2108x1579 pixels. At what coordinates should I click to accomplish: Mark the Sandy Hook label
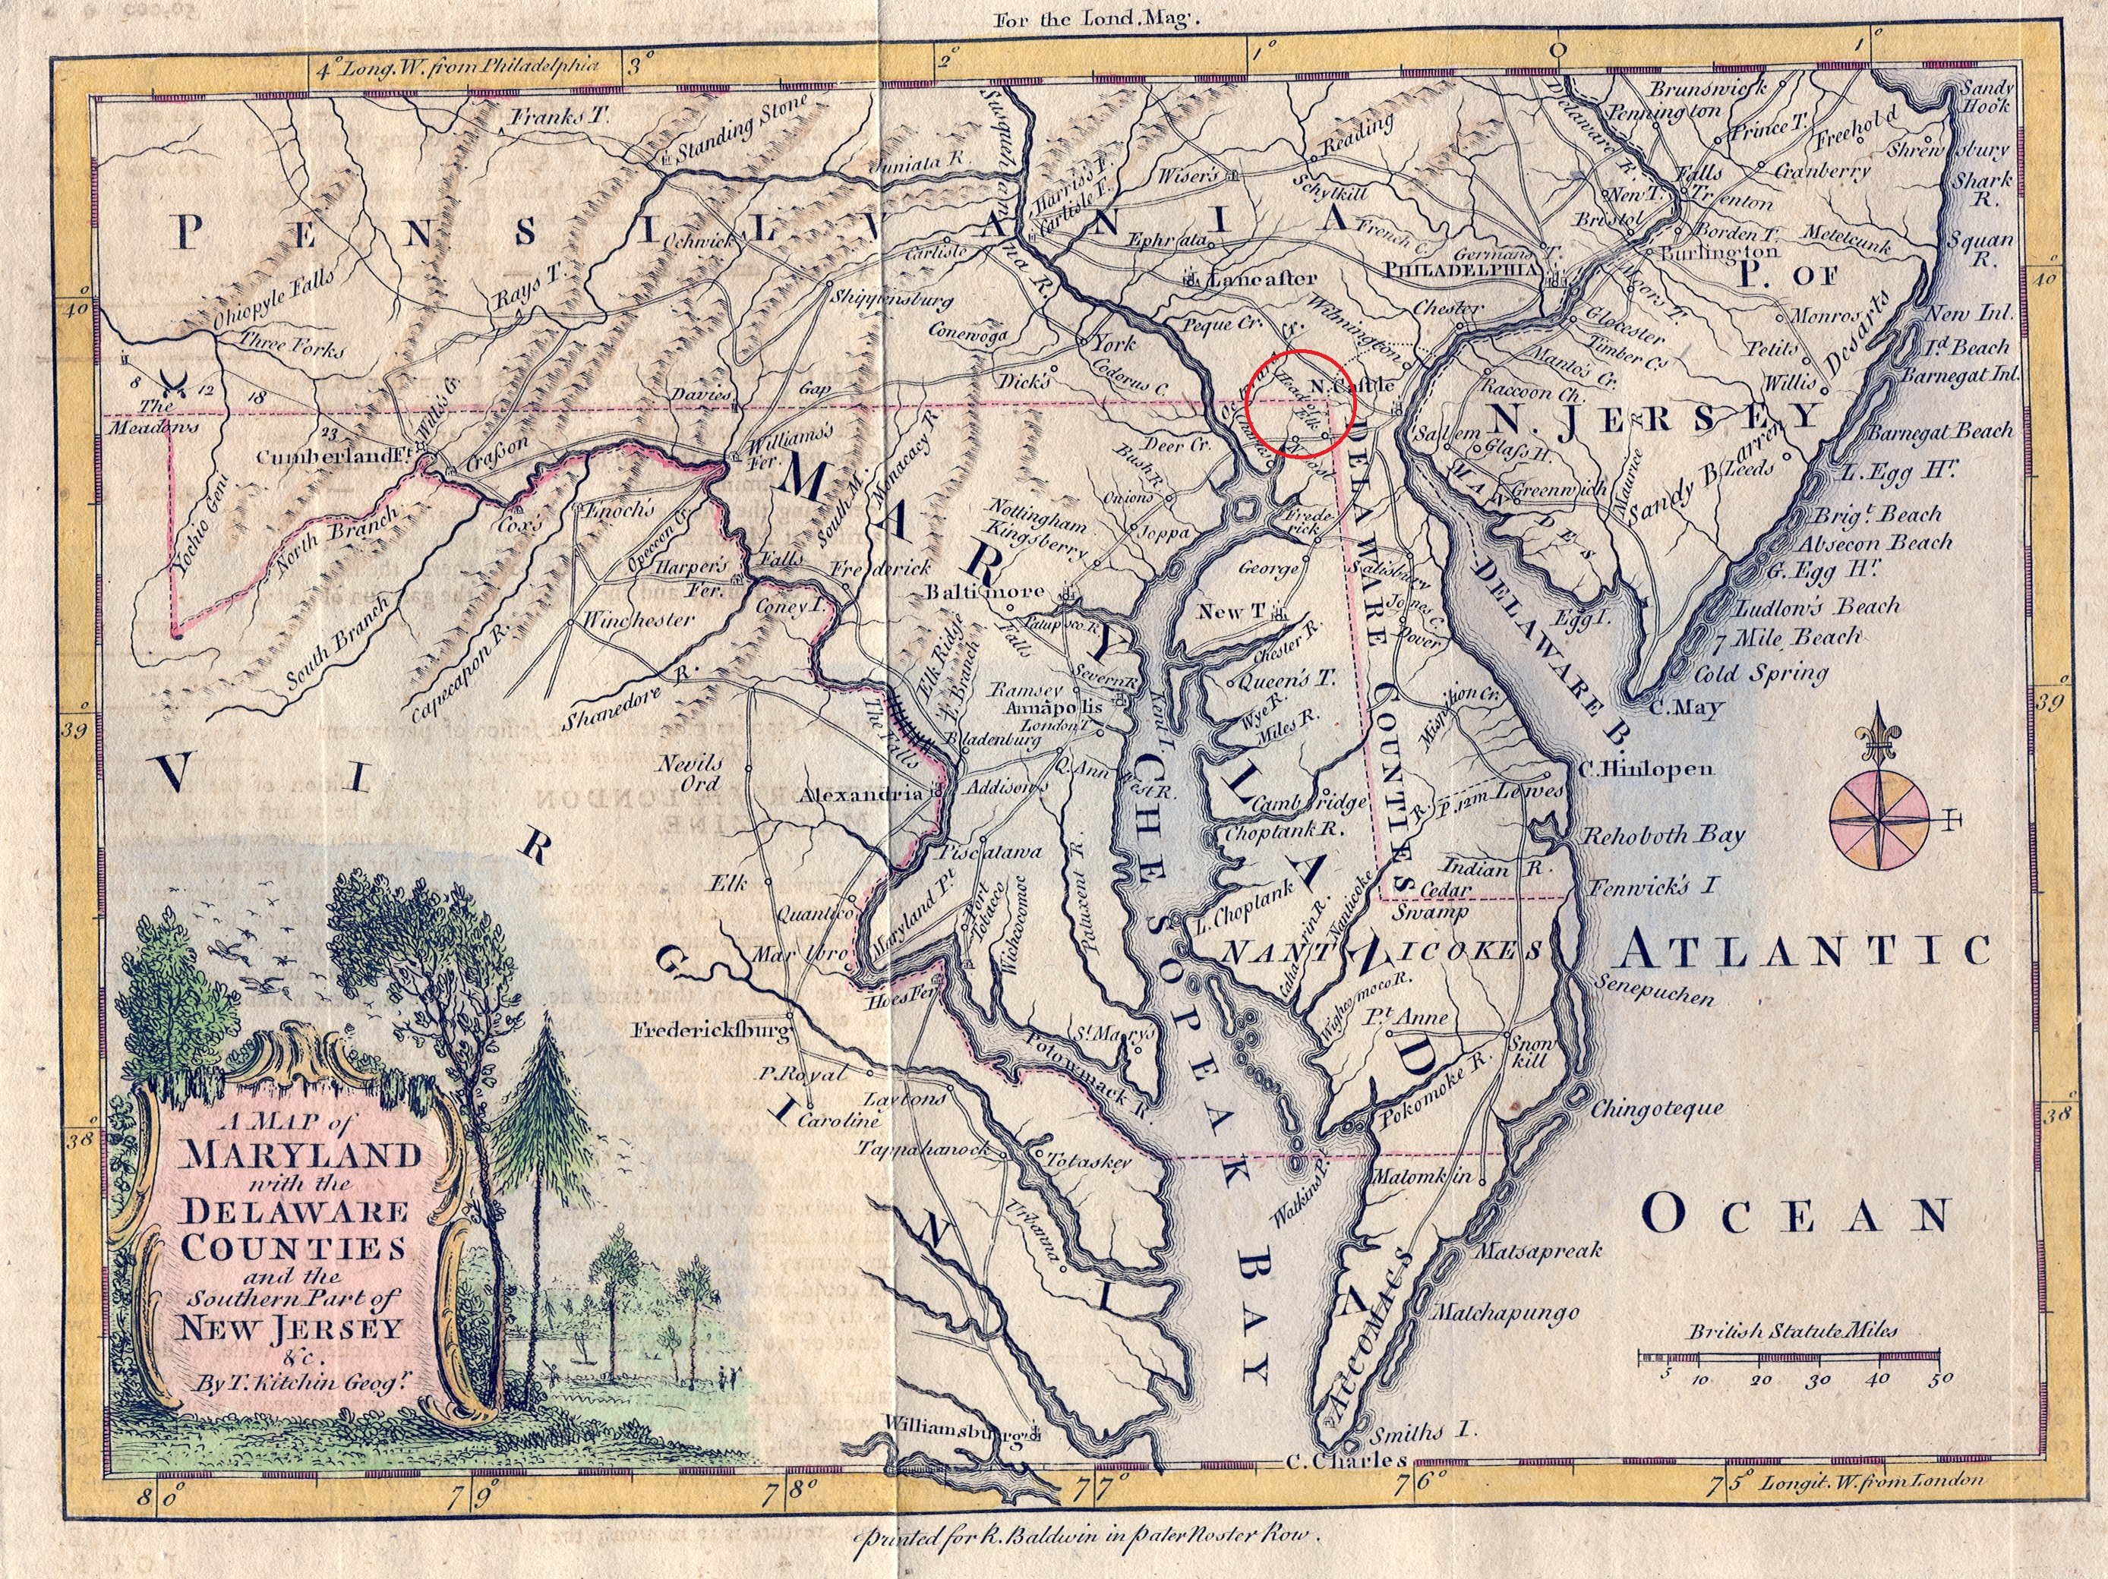(x=1984, y=97)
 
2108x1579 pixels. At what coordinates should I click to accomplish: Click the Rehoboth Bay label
(x=1663, y=836)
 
